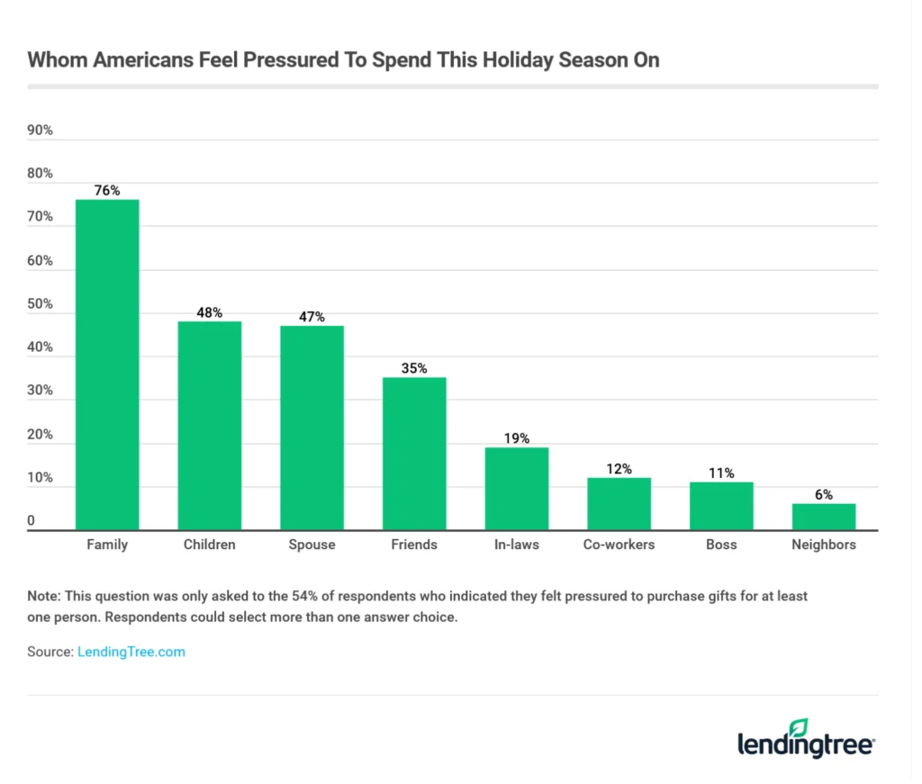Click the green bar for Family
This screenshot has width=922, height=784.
107,365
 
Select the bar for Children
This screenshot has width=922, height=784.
209,426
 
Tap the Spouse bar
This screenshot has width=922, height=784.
312,428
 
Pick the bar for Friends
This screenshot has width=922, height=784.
414,454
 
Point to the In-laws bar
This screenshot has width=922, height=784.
517,489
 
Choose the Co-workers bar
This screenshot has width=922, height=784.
619,504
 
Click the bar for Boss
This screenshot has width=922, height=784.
721,507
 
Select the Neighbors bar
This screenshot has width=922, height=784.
824,518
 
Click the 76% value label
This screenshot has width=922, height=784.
107,190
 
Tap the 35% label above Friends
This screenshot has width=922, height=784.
414,368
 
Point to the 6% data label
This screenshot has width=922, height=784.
824,494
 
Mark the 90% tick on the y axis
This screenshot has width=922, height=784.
41,131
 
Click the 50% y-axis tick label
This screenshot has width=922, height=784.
41,304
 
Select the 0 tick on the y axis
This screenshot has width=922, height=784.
32,521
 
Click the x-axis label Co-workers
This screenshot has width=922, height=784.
619,545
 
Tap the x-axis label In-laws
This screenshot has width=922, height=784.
517,545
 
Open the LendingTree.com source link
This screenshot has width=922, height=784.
131,652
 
